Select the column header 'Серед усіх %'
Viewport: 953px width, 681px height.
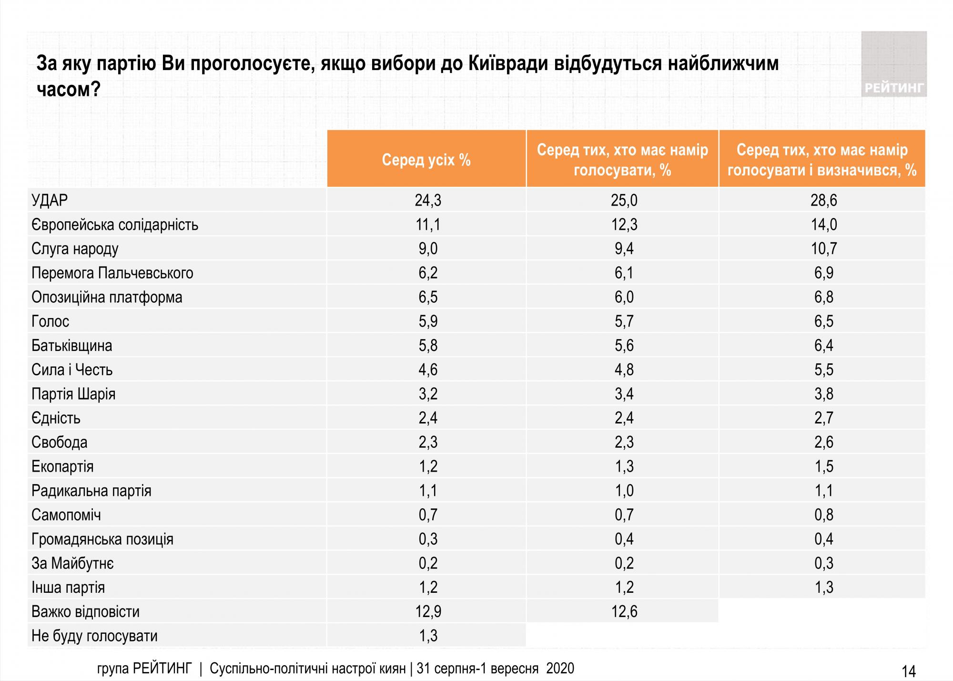click(x=426, y=160)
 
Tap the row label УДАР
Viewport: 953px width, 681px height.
click(x=50, y=200)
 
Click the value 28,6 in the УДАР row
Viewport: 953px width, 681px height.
click(x=823, y=200)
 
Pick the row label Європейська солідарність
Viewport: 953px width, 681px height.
click(x=115, y=225)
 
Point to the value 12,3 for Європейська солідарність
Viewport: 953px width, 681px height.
click(x=624, y=225)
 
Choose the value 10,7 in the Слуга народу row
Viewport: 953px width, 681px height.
click(x=823, y=249)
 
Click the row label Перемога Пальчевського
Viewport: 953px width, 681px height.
click(x=112, y=273)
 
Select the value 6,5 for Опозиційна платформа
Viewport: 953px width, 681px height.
click(x=427, y=297)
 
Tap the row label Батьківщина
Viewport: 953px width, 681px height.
click(x=72, y=346)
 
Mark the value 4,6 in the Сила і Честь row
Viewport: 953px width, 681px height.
click(x=427, y=370)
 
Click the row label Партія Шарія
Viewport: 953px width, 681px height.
click(x=73, y=394)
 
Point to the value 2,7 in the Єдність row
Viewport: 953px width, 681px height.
click(x=823, y=418)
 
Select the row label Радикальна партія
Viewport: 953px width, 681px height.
click(x=91, y=491)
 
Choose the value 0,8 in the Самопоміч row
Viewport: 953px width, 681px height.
click(x=823, y=515)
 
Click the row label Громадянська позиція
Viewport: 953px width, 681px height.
click(x=102, y=539)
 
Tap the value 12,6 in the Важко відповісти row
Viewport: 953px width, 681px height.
click(x=624, y=611)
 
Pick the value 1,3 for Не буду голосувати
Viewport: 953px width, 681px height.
click(x=427, y=636)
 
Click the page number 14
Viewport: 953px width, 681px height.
click(x=909, y=671)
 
